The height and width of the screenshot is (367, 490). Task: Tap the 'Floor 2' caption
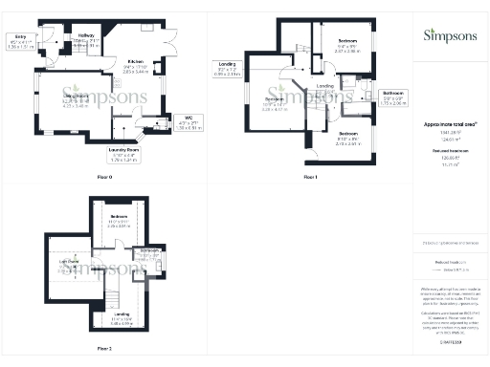104,349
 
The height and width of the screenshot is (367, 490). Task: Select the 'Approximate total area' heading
448,124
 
